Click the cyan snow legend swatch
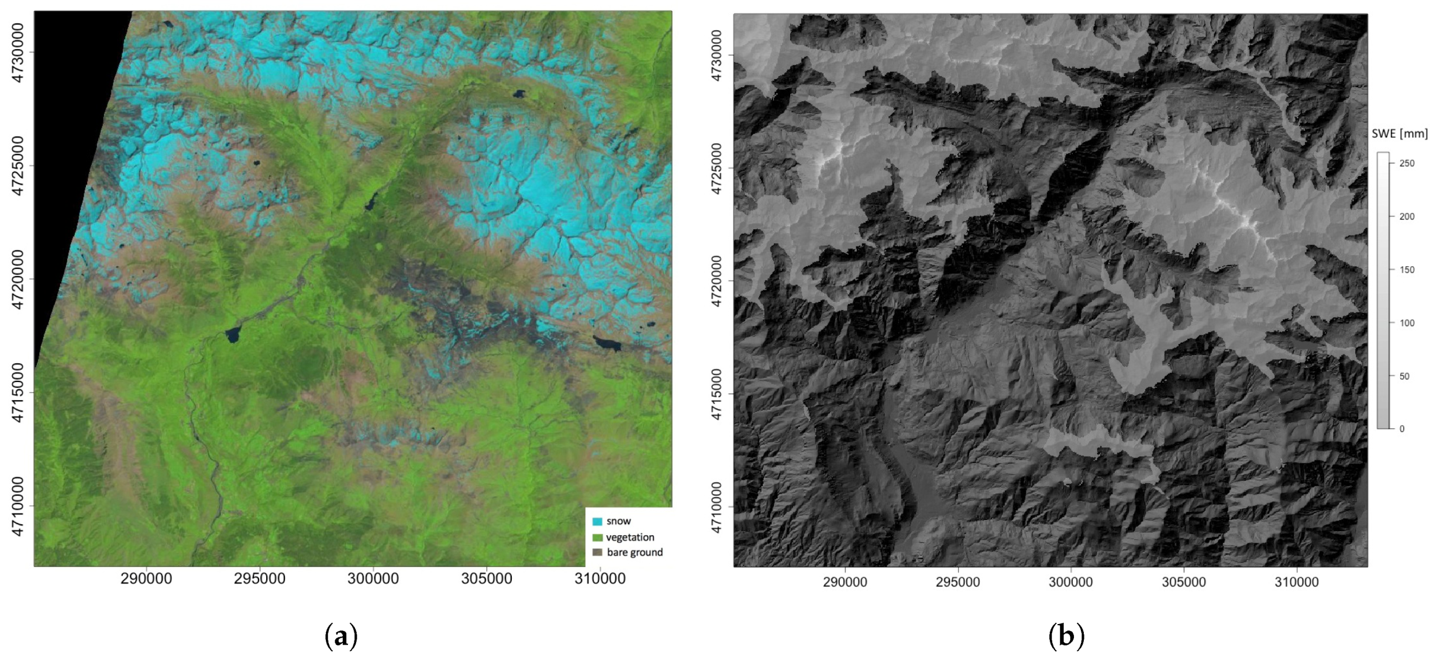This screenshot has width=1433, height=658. [x=597, y=521]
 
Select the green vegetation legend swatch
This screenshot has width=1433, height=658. [x=597, y=537]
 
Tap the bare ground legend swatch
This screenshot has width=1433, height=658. [x=597, y=552]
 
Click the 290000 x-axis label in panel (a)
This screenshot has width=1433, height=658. [x=146, y=579]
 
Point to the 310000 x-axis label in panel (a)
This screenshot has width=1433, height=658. [x=600, y=579]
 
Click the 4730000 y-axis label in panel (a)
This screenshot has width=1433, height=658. [x=18, y=53]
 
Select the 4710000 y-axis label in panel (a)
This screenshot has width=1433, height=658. [x=18, y=507]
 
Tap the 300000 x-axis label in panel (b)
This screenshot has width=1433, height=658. [x=1070, y=583]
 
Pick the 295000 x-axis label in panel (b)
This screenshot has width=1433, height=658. [x=957, y=583]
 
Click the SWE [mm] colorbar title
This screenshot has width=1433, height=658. [x=1399, y=134]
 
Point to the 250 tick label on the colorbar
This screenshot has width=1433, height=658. [x=1407, y=163]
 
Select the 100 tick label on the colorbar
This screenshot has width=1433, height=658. [x=1407, y=323]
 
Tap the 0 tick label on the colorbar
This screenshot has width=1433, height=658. [x=1402, y=429]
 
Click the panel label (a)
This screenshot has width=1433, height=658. [x=341, y=636]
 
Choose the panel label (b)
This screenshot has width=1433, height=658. [x=1066, y=636]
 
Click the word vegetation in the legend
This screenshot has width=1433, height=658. [x=630, y=537]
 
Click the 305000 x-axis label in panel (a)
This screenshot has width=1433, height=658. [x=487, y=579]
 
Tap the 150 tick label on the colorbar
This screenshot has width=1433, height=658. [x=1407, y=270]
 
